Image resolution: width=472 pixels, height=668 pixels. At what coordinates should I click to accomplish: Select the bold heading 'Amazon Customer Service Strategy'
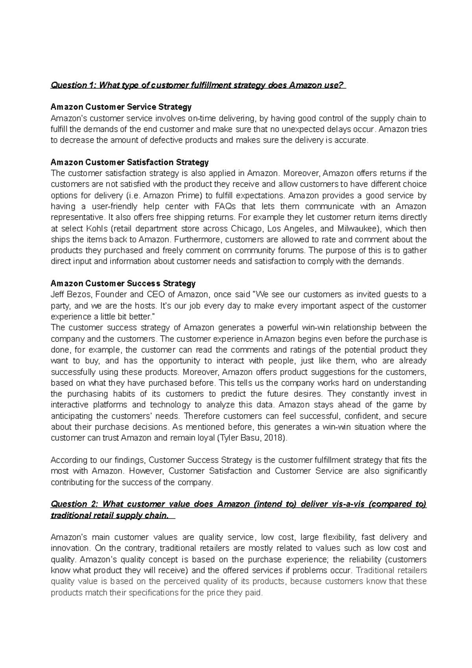(121, 107)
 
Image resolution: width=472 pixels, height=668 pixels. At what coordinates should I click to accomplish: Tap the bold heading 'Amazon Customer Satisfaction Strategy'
(130, 162)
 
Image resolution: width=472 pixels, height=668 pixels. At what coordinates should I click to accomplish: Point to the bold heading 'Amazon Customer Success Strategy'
(123, 283)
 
